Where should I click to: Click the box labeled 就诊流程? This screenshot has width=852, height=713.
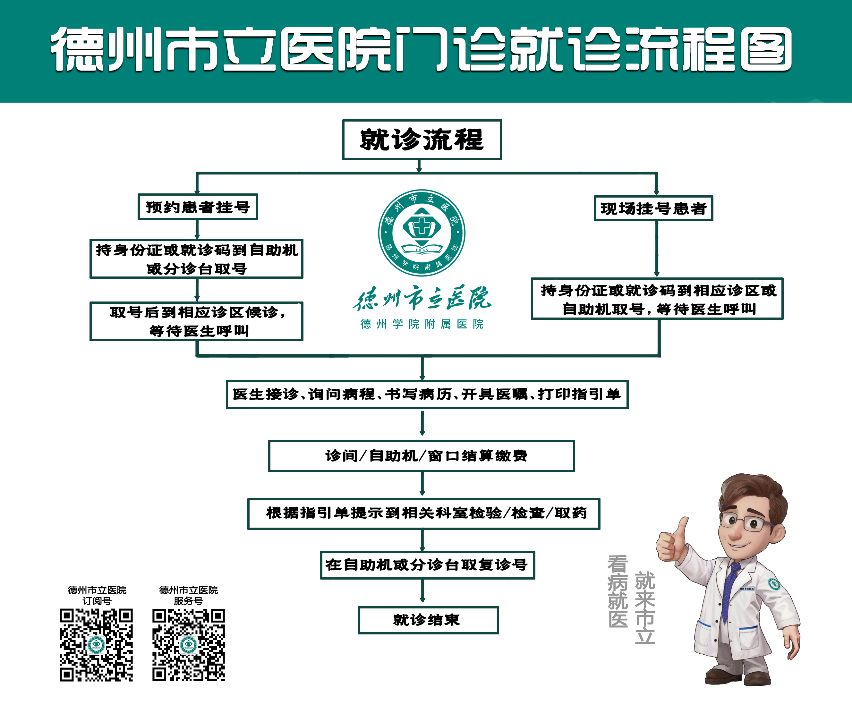(422, 140)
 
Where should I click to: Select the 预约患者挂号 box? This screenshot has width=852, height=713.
(198, 207)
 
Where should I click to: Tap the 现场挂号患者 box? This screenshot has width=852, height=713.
(653, 208)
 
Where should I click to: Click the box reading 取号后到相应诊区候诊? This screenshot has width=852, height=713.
(196, 321)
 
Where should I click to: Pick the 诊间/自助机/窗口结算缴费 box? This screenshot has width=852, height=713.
(422, 456)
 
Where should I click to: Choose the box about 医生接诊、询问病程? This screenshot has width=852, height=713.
(427, 394)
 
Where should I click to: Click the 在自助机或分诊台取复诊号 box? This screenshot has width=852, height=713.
(427, 565)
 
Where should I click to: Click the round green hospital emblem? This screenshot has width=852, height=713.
(422, 233)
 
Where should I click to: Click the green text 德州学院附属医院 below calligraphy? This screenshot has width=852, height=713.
(422, 324)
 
